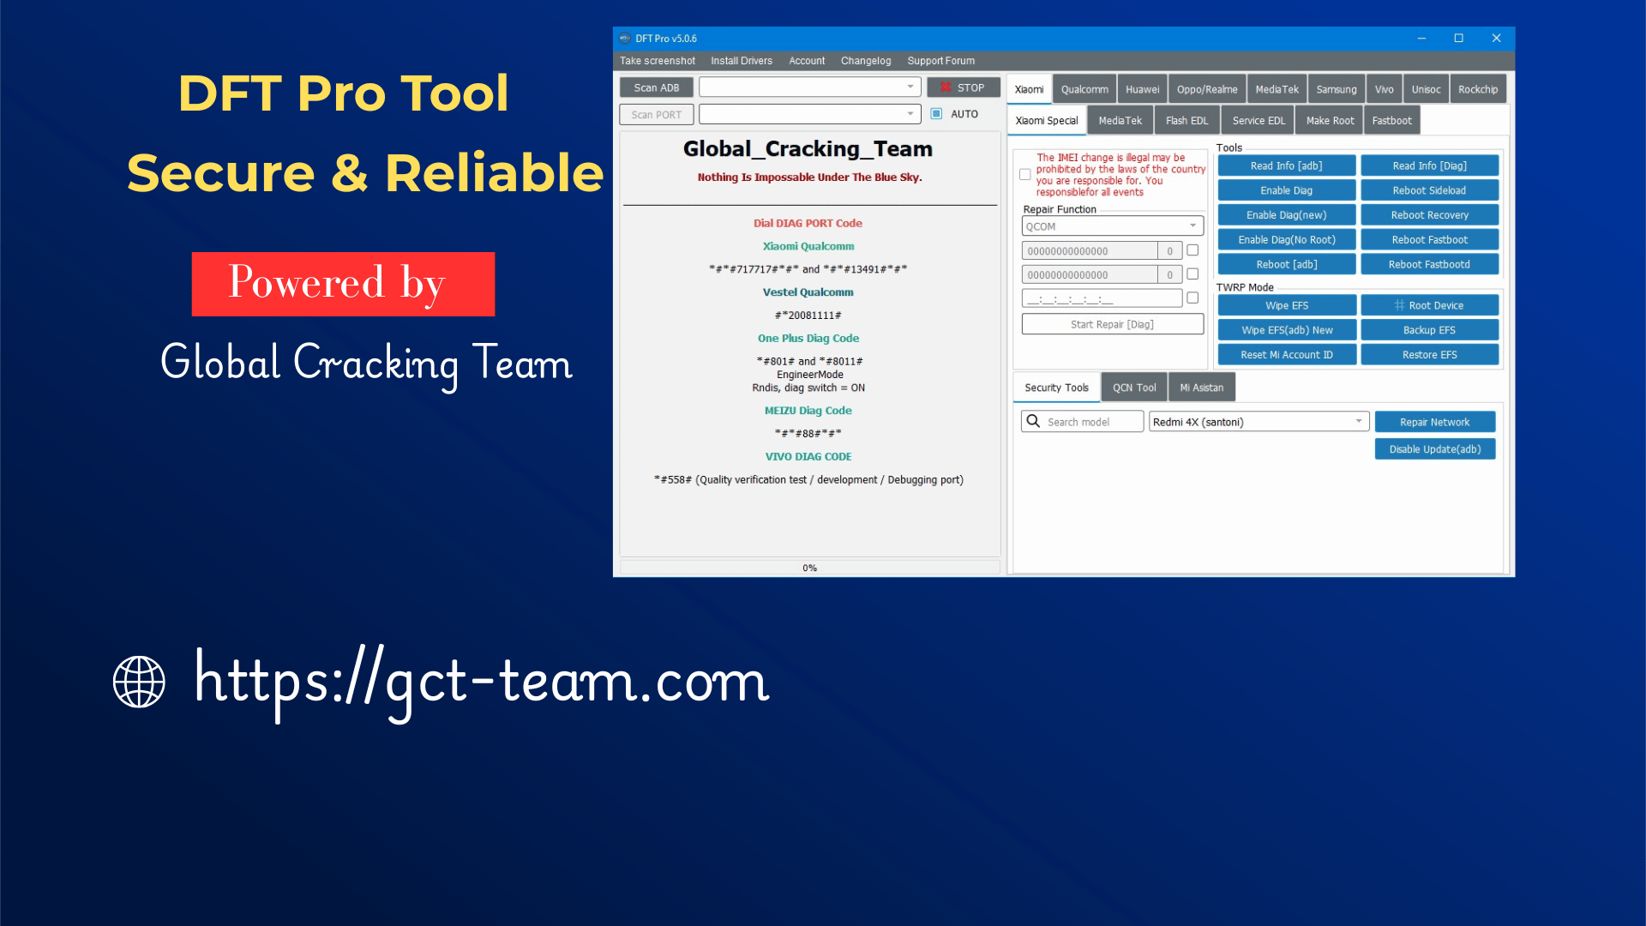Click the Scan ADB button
pos(656,87)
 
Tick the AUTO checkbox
pos(936,114)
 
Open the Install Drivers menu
pos(741,61)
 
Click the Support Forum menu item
pos(940,61)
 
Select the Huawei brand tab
pos(1142,89)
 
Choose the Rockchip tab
pos(1477,89)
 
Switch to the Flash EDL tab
pos(1186,121)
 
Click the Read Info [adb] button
pos(1286,165)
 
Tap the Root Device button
pos(1429,305)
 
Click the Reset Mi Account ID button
pos(1286,355)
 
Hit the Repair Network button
pos(1434,422)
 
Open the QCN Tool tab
pos(1133,388)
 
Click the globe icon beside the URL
pos(139,682)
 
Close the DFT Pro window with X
pos(1496,39)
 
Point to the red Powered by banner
pos(343,284)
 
